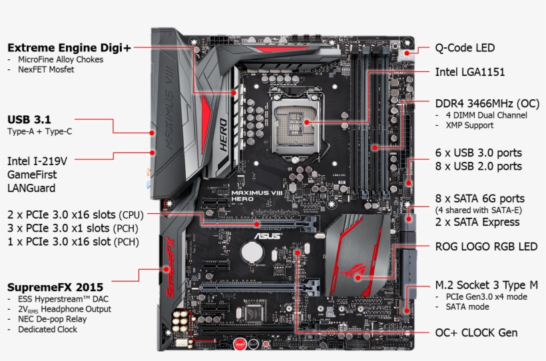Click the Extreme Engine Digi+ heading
pyautogui.click(x=69, y=47)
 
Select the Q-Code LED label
pyautogui.click(x=465, y=48)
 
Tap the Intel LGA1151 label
pyautogui.click(x=469, y=71)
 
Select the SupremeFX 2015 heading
pyautogui.click(x=51, y=287)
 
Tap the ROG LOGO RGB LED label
pyautogui.click(x=485, y=246)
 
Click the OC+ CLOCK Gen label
pyautogui.click(x=475, y=332)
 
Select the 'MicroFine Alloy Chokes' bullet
pyautogui.click(x=61, y=59)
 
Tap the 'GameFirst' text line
pyautogui.click(x=31, y=175)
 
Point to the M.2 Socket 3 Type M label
pyautogui.click(x=486, y=285)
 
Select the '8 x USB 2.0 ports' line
pyautogui.click(x=478, y=166)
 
